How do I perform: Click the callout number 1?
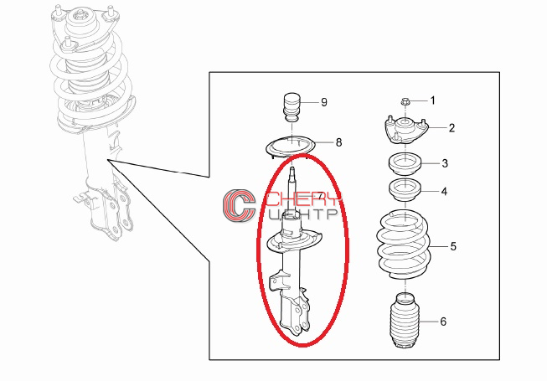(433, 100)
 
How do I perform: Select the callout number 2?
(452, 128)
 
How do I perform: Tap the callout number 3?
(445, 163)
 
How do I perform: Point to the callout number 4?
(444, 192)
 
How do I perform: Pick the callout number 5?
(453, 246)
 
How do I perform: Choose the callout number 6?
(443, 321)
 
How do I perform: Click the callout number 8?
(338, 142)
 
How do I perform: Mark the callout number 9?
(324, 102)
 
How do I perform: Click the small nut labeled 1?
(405, 102)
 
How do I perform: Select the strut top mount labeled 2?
(405, 131)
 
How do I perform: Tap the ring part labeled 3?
(405, 163)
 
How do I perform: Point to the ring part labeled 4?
(405, 190)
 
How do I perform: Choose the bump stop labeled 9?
(292, 108)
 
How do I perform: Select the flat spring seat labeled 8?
(290, 147)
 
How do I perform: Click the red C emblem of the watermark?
(240, 206)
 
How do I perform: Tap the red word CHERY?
(304, 199)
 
